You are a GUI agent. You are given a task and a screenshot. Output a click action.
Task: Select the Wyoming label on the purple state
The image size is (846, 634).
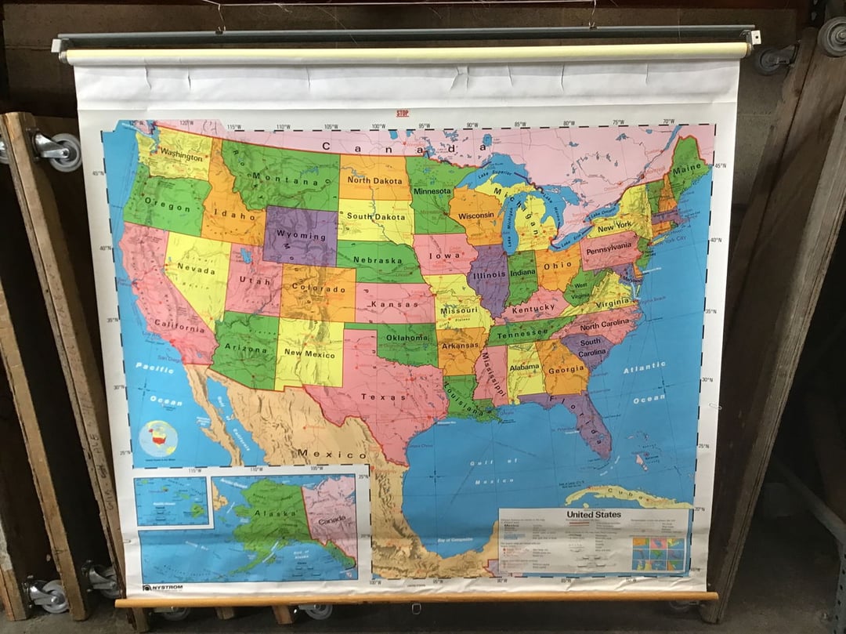tap(302, 236)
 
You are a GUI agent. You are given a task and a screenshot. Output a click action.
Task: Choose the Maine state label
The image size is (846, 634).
tap(688, 168)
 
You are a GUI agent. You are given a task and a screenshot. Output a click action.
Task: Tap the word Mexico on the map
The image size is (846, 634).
tap(331, 455)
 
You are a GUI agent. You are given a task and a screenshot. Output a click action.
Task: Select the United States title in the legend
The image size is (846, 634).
tap(594, 515)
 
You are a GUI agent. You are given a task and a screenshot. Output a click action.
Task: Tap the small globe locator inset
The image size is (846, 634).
tap(159, 438)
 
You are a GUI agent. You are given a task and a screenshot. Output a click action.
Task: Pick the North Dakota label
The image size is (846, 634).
tap(374, 180)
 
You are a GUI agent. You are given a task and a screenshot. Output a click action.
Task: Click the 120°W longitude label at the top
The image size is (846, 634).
tap(186, 124)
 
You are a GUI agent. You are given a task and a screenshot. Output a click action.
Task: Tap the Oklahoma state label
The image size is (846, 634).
tap(407, 338)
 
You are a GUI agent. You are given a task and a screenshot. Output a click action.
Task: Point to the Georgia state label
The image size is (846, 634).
tap(569, 371)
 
